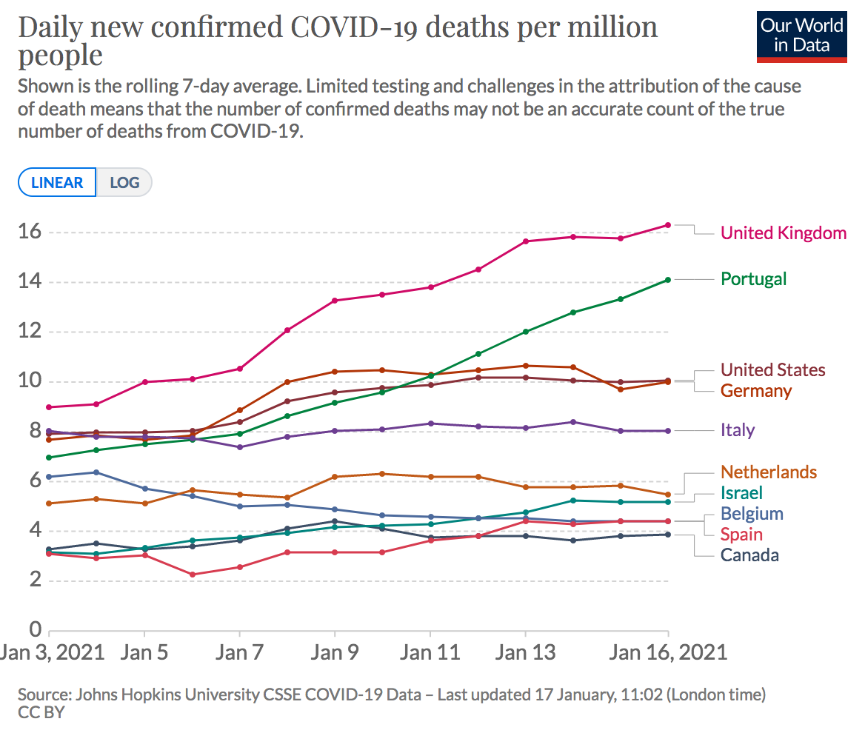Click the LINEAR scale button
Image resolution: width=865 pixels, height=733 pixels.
tap(57, 182)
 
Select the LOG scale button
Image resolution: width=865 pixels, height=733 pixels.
tap(124, 182)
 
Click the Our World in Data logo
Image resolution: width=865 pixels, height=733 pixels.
tap(801, 36)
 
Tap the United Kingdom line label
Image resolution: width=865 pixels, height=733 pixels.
tap(784, 233)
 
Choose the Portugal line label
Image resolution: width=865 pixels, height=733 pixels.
tap(754, 279)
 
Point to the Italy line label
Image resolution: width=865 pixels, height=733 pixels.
tap(738, 430)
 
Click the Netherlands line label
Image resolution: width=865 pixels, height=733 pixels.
tap(769, 472)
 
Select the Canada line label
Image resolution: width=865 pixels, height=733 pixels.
tap(749, 555)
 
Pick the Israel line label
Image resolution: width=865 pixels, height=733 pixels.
tap(741, 493)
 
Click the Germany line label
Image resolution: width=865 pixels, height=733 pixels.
tap(756, 391)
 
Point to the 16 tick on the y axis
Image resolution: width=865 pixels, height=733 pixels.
tap(29, 232)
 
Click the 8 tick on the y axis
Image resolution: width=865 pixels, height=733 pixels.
tap(34, 432)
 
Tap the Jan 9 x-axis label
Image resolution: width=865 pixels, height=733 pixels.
tap(335, 652)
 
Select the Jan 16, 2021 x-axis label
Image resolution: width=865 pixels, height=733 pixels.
tap(668, 652)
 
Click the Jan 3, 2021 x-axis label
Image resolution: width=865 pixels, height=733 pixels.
tap(50, 652)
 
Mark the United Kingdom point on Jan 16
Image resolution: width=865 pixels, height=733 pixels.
tap(668, 225)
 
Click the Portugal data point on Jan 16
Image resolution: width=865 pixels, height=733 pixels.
tap(668, 280)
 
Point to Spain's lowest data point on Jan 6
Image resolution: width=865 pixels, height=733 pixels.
tap(193, 575)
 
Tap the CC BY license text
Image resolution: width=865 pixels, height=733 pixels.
tap(41, 713)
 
